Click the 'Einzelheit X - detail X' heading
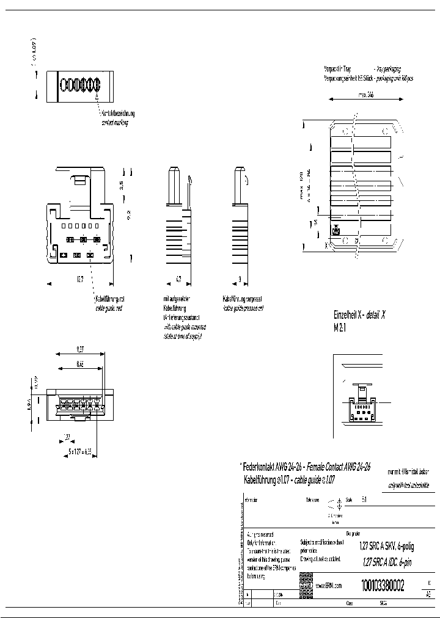pyautogui.click(x=359, y=315)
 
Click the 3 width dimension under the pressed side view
pyautogui.click(x=239, y=279)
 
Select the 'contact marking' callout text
pyautogui.click(x=117, y=123)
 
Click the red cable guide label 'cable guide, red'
pyautogui.click(x=110, y=308)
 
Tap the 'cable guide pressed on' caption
pyautogui.click(x=243, y=308)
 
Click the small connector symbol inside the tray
pyautogui.click(x=335, y=231)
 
